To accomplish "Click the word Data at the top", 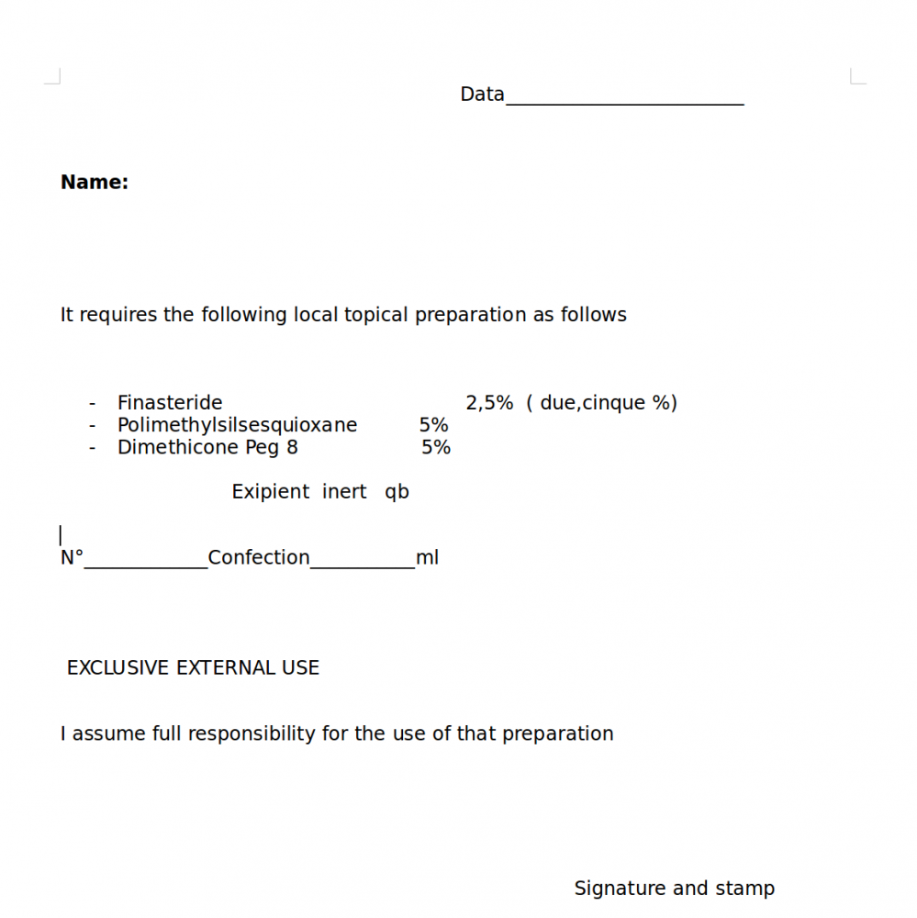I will click(x=482, y=95).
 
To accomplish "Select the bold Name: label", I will click(x=95, y=183).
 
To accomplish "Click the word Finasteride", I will click(x=170, y=403).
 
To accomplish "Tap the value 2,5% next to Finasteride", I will click(x=489, y=403).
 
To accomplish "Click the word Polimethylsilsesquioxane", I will click(x=237, y=425).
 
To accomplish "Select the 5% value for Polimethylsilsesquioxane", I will click(x=433, y=425).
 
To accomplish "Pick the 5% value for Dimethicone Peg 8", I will click(x=436, y=447).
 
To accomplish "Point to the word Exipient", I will click(x=271, y=492).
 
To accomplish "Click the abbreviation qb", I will click(x=397, y=493).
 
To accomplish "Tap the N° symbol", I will click(x=72, y=557).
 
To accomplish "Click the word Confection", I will click(x=259, y=557).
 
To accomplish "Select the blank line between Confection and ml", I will click(x=363, y=562).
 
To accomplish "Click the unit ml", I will click(x=427, y=557).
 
